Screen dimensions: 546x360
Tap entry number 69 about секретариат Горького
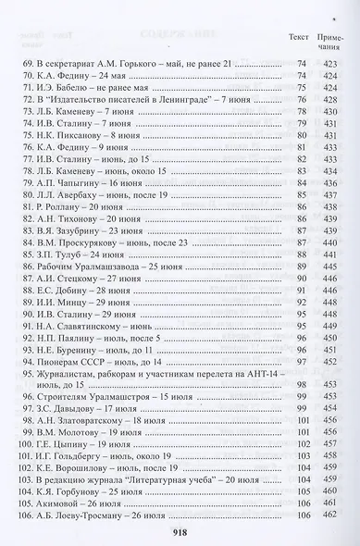(x=130, y=63)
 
